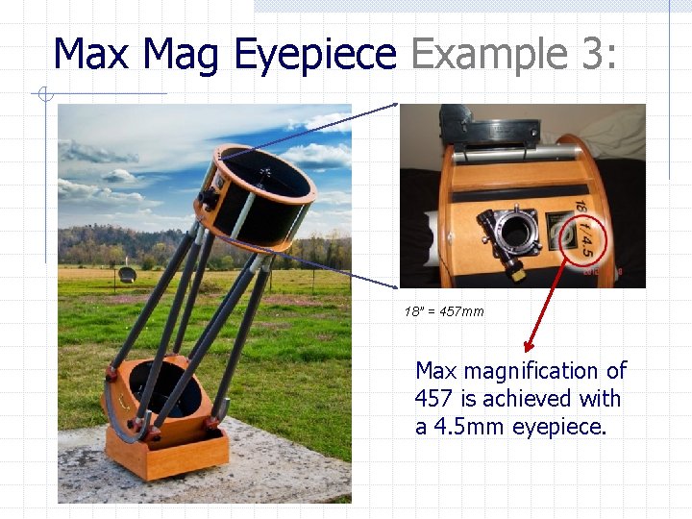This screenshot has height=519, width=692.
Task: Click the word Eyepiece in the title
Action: [x=314, y=55]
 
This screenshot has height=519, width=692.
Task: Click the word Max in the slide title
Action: [x=90, y=54]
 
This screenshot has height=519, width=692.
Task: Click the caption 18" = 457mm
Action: [x=443, y=311]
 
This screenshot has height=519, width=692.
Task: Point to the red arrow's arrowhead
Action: [x=526, y=348]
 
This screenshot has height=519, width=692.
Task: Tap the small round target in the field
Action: [x=127, y=275]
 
